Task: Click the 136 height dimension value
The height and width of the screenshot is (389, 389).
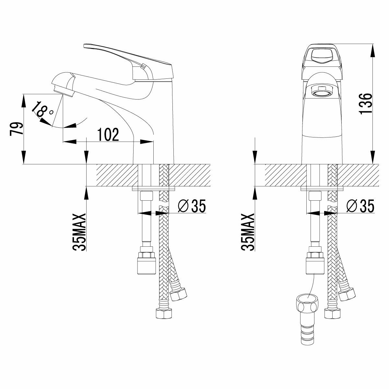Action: (x=365, y=104)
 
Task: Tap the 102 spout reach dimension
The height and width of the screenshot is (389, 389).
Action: (x=108, y=135)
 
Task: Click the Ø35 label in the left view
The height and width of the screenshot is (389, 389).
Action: (x=192, y=206)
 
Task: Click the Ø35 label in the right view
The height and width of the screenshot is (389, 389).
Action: (x=360, y=206)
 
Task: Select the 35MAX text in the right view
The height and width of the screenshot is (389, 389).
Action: (x=248, y=232)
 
